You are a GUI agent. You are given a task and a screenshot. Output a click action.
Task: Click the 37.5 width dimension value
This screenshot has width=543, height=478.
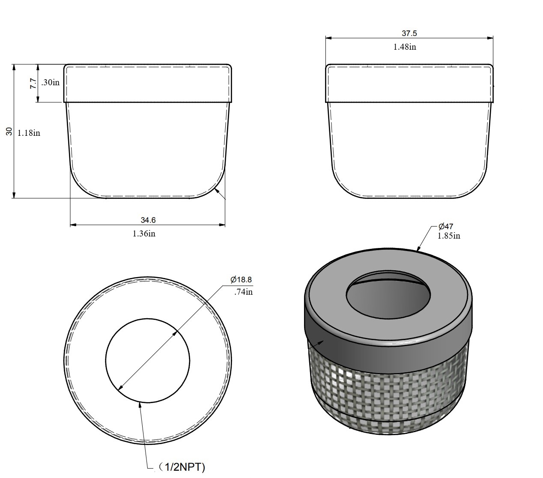pyautogui.click(x=409, y=33)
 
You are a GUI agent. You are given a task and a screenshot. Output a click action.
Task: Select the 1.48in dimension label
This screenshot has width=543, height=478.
pyautogui.click(x=405, y=47)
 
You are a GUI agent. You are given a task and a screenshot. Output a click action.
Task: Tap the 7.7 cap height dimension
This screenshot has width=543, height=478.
pyautogui.click(x=33, y=84)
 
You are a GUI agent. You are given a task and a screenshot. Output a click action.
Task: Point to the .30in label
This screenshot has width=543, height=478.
pyautogui.click(x=50, y=82)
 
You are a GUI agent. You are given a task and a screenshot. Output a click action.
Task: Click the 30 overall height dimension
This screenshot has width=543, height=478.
pyautogui.click(x=9, y=131)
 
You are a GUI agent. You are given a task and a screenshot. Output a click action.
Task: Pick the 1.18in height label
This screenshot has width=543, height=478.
pyautogui.click(x=29, y=133)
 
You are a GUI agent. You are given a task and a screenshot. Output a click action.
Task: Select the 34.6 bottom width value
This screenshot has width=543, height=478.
pyautogui.click(x=148, y=220)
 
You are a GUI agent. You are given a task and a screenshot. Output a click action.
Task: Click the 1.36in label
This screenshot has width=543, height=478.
pyautogui.click(x=144, y=234)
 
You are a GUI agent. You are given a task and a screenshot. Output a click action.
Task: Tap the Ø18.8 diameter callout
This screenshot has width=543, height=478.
pyautogui.click(x=241, y=280)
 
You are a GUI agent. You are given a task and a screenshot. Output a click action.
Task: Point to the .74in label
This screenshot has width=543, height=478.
pyautogui.click(x=243, y=292)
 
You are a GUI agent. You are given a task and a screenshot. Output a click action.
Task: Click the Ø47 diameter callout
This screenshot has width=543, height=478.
pyautogui.click(x=446, y=227)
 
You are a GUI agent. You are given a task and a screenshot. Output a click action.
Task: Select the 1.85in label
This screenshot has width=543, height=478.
pyautogui.click(x=448, y=236)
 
